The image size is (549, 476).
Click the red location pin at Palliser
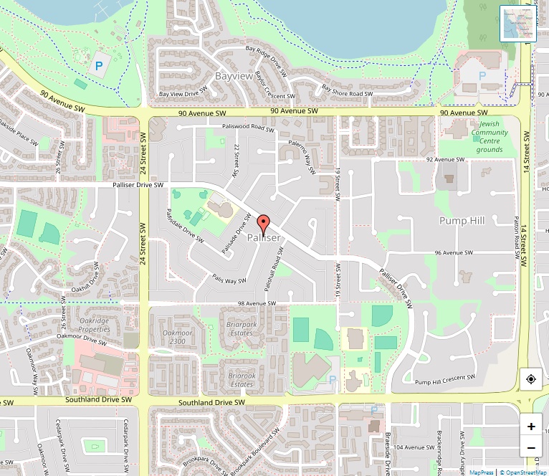[x=263, y=224]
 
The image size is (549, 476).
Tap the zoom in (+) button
[x=531, y=426]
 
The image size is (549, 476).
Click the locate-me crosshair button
[x=531, y=379]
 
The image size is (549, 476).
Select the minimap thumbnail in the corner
[x=517, y=24]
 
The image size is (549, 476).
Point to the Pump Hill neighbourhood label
[x=462, y=221]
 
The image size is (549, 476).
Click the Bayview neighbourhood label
[x=234, y=75]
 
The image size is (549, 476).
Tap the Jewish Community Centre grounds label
[x=490, y=136]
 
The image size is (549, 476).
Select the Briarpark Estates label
[x=242, y=328]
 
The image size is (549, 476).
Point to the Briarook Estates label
[x=242, y=379]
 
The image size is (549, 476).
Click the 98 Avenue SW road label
[x=257, y=303]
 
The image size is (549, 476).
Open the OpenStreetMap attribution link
[x=524, y=472]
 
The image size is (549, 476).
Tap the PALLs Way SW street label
[x=229, y=277]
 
